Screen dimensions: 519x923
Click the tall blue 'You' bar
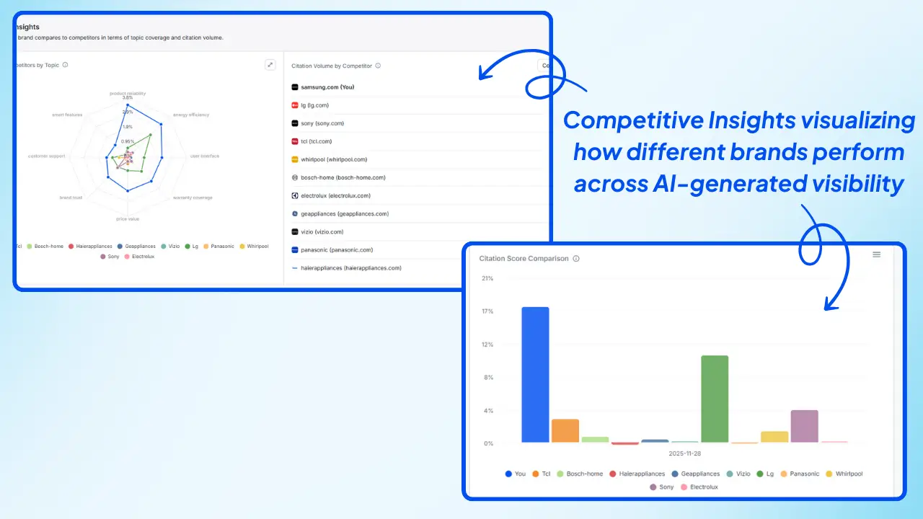coord(535,375)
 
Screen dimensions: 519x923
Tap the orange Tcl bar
coord(565,430)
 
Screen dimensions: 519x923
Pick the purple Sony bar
coord(804,426)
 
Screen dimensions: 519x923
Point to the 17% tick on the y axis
coord(487,311)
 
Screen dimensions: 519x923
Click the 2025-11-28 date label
coord(685,453)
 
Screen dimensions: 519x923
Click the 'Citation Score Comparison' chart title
coord(524,258)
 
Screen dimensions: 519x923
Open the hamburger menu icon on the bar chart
coord(876,254)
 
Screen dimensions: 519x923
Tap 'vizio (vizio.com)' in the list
coord(322,232)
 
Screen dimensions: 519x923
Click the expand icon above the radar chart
coord(270,65)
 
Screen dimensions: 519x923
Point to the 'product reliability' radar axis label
coord(127,93)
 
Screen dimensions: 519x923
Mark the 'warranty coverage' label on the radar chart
coord(193,198)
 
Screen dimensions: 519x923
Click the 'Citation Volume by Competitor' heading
coord(332,66)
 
